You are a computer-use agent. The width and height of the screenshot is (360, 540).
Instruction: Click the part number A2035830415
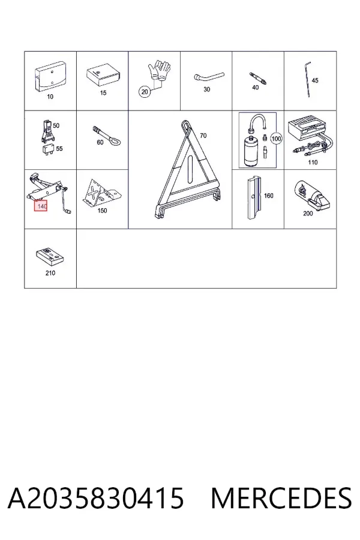(x=96, y=498)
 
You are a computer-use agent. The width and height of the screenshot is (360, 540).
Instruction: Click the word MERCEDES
(x=281, y=498)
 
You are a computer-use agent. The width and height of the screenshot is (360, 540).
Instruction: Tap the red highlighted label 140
(x=41, y=206)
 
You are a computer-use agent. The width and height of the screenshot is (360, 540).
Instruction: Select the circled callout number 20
(x=145, y=92)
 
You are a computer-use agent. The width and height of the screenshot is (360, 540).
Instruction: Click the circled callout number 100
(x=276, y=139)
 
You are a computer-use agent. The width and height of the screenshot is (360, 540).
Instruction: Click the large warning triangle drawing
(x=187, y=169)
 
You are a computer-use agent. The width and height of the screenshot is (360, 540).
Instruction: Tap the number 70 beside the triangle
(x=203, y=136)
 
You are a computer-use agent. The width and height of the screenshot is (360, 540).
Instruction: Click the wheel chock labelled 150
(x=101, y=192)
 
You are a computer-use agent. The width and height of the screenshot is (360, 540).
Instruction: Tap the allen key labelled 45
(x=308, y=79)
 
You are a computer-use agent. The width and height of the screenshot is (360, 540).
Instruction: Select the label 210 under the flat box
(x=50, y=273)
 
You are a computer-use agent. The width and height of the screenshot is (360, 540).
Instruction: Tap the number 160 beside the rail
(x=269, y=196)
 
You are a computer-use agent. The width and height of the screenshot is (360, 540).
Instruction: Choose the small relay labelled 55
(x=47, y=149)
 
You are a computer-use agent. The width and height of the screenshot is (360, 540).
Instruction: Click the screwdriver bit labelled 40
(x=259, y=78)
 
